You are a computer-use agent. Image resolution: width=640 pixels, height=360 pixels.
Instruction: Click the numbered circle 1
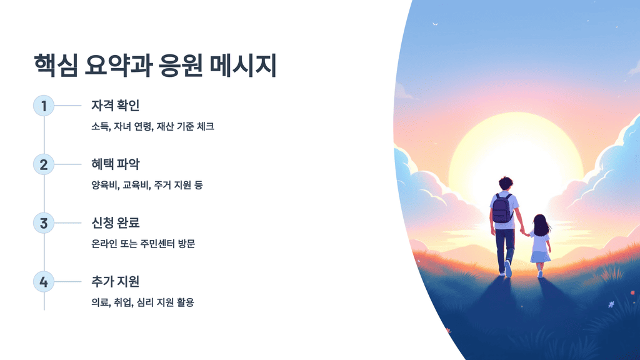click(x=44, y=106)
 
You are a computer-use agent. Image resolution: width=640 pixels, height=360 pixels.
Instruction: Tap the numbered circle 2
click(x=44, y=164)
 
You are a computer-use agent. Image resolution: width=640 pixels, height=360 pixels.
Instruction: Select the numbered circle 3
click(x=44, y=223)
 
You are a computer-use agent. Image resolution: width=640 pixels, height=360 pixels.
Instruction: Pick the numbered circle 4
click(x=44, y=282)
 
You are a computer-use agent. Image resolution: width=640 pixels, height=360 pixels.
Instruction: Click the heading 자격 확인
click(x=115, y=106)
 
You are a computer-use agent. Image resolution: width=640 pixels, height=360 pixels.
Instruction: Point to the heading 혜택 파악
click(x=115, y=164)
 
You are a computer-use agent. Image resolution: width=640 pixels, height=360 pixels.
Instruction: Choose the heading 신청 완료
click(x=115, y=223)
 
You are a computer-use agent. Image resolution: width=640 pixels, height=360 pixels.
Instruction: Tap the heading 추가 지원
click(x=115, y=282)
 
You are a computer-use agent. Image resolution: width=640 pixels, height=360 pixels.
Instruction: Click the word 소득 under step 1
click(x=100, y=126)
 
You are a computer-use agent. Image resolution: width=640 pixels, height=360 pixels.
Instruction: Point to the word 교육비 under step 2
click(x=136, y=185)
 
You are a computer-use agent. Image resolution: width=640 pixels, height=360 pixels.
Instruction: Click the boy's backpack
click(x=502, y=209)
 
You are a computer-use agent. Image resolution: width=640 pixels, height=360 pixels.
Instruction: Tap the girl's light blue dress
click(x=540, y=247)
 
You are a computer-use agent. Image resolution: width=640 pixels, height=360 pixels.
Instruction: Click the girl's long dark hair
click(x=541, y=225)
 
